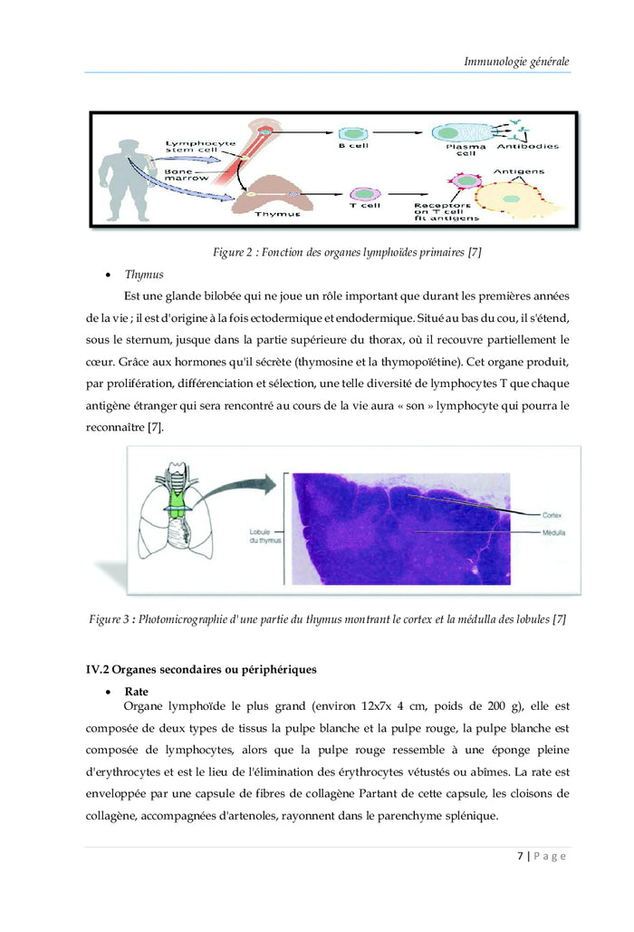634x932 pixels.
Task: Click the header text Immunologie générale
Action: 516,63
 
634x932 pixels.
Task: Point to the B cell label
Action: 354,146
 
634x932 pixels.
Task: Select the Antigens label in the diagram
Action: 518,170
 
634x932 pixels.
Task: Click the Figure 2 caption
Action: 346,252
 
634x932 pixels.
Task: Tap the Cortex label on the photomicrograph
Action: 552,514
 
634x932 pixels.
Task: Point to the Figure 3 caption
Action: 327,619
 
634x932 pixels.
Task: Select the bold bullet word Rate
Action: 137,691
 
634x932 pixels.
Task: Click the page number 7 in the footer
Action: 520,856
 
